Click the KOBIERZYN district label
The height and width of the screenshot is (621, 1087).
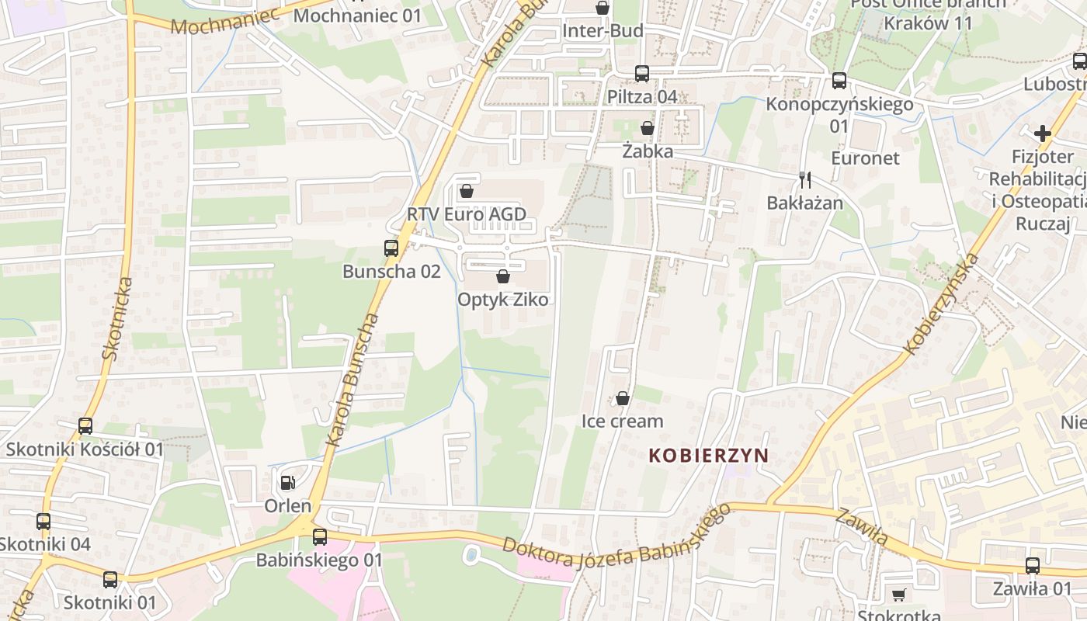pos(708,456)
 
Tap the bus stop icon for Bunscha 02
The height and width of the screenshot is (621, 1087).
pos(391,249)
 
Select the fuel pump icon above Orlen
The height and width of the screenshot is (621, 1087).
pos(287,483)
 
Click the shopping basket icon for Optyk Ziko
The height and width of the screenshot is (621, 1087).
pos(503,276)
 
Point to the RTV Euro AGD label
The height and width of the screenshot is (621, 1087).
pos(467,214)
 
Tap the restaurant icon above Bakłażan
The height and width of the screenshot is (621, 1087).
pos(805,180)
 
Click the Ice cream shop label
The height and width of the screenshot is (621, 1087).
pos(623,422)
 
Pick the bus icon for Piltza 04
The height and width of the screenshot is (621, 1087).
pos(642,74)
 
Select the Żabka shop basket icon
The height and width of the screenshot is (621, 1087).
pos(648,128)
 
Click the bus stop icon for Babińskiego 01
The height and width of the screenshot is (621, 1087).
pos(320,537)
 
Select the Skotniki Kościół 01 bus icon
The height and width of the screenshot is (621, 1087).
pos(85,426)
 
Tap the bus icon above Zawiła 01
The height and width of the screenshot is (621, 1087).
pos(1033,566)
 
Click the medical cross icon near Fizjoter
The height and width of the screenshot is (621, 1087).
pos(1043,134)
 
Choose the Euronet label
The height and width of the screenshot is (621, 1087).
pos(865,158)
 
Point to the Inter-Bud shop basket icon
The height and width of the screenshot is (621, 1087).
pos(602,9)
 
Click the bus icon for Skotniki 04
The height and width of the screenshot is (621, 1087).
pos(43,522)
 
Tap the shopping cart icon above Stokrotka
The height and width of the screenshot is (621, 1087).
pos(899,595)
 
